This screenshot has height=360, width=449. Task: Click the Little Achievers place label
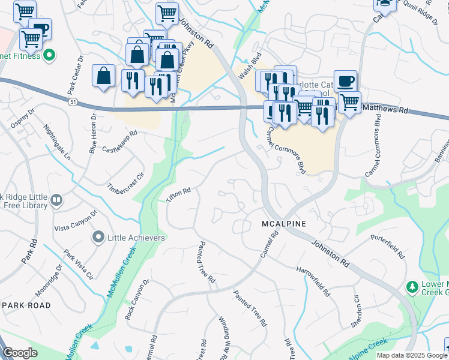pyautogui.click(x=136, y=238)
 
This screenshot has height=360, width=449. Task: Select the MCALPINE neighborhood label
pyautogui.click(x=284, y=224)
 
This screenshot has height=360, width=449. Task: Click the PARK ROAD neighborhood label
pyautogui.click(x=26, y=305)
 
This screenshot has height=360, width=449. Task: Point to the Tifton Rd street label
pyautogui.click(x=178, y=195)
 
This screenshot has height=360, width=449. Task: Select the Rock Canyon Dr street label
pyautogui.click(x=136, y=299)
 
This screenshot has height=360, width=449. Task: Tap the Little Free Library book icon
pyautogui.click(x=56, y=200)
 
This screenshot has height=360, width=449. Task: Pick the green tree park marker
pyautogui.click(x=412, y=287)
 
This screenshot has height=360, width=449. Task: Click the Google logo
pyautogui.click(x=20, y=353)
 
